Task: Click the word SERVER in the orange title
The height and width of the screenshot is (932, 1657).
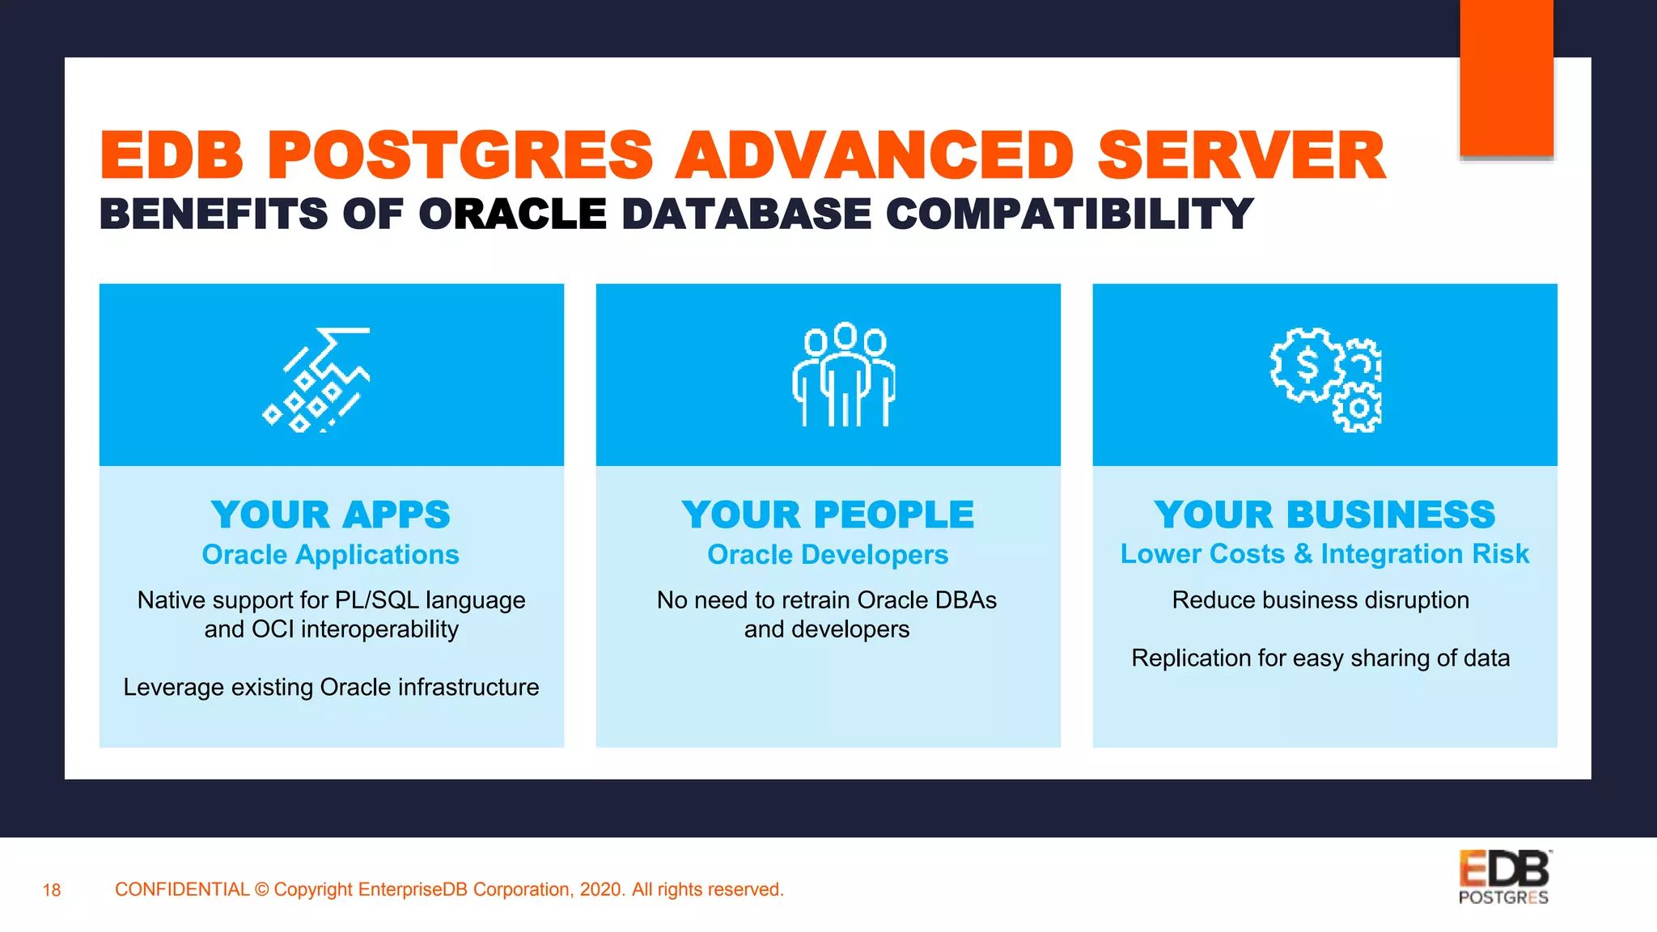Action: coord(1241,155)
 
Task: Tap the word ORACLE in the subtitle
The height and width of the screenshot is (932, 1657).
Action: coord(512,214)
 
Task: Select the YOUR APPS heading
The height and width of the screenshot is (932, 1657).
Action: coord(331,515)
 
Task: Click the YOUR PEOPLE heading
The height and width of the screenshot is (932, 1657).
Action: coord(828,515)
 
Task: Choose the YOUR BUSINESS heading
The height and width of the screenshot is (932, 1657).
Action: coord(1324,515)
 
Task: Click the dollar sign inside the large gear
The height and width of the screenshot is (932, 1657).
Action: coord(1307,365)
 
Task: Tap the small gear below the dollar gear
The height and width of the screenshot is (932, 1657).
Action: coord(1358,409)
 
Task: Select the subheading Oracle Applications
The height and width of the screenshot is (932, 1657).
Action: coord(331,555)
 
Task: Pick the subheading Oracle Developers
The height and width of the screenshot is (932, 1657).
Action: coord(828,555)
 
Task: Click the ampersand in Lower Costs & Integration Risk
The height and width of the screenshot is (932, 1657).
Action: coord(1303,554)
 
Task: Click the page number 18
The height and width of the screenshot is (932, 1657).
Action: coord(52,891)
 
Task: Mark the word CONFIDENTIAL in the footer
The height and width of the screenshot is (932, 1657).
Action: coord(182,890)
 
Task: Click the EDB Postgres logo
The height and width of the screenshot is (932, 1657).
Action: coord(1504,877)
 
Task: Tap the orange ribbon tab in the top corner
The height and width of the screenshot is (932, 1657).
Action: coord(1507,78)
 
